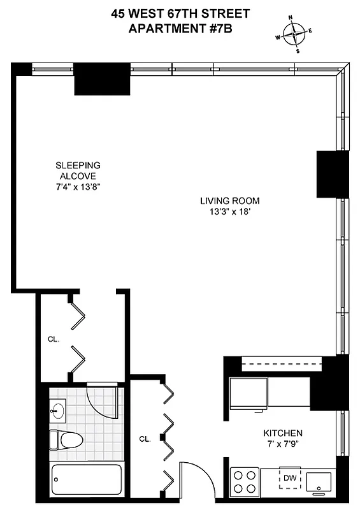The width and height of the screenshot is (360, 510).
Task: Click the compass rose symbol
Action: point(294,34)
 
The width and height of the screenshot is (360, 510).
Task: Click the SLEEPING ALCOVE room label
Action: point(77,171)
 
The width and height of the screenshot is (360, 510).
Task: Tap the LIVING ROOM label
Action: point(229,201)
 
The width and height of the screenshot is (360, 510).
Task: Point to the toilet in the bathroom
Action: point(67,440)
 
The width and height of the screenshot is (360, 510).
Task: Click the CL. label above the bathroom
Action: point(53,340)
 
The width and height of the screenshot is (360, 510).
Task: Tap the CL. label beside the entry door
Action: point(145,439)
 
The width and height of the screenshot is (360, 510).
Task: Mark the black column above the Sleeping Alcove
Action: point(102,79)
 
